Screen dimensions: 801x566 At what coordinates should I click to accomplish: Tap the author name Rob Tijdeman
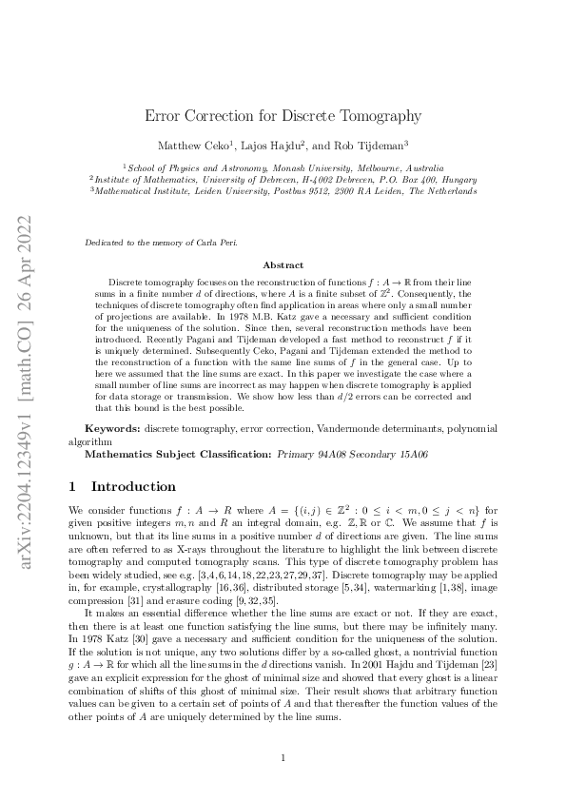click(375, 146)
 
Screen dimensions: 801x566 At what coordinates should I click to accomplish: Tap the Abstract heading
click(283, 265)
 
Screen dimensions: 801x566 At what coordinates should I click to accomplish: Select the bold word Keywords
click(112, 430)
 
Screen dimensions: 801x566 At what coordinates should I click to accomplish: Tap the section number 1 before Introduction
click(73, 486)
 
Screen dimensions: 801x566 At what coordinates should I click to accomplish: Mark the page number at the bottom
click(283, 757)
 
